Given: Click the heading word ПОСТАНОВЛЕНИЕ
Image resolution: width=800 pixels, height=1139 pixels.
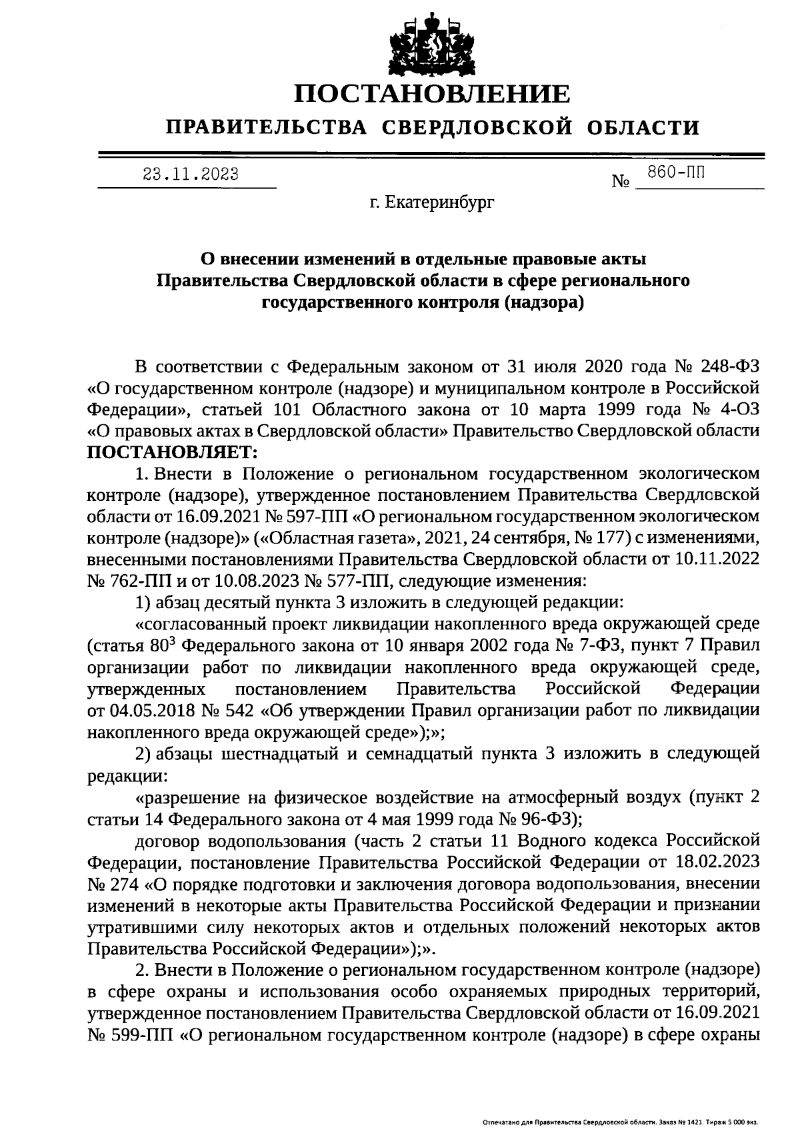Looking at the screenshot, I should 433,94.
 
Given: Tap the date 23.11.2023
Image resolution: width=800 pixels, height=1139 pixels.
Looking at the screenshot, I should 191,175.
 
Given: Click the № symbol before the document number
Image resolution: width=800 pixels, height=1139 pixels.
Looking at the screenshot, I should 621,181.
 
